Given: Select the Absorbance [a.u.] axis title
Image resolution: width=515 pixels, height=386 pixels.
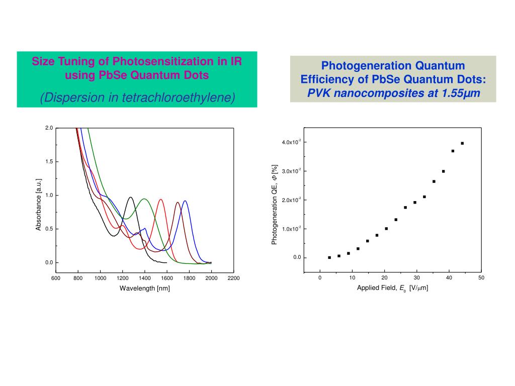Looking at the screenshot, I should [38, 205].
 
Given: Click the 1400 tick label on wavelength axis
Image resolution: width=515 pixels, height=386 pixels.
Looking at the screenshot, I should [145, 278].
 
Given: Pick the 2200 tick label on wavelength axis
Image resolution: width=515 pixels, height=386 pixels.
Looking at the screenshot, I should [234, 278].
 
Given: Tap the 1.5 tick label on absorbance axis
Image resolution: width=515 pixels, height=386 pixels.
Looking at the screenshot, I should [49, 161].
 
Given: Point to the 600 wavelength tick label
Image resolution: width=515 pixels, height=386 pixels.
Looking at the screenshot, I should [56, 278].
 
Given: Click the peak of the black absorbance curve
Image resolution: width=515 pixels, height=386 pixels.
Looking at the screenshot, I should [131, 197].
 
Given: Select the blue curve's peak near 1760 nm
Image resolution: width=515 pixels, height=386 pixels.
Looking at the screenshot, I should [185, 201].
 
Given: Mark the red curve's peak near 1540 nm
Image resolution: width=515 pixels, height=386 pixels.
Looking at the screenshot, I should [161, 200].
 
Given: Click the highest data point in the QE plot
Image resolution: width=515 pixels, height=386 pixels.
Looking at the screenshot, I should [462, 143].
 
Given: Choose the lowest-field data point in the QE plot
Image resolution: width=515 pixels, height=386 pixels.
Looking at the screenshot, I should [329, 257].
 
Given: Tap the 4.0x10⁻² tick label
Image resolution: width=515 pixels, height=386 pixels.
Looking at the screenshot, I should [292, 143].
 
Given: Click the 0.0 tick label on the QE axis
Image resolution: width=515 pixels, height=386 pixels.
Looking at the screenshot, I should [297, 258].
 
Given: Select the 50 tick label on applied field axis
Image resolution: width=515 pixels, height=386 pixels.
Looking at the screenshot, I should [481, 278].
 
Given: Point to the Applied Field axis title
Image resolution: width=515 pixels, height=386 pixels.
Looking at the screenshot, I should [392, 288].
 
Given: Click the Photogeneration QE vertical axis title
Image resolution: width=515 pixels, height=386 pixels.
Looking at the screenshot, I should [275, 205].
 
